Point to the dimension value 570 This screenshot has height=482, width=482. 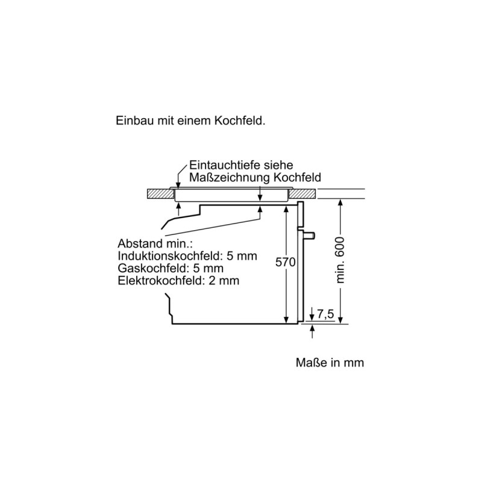click(x=285, y=262)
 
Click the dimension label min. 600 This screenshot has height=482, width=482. click(x=340, y=260)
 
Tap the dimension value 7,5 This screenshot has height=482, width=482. click(x=325, y=314)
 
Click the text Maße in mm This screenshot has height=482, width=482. click(x=330, y=363)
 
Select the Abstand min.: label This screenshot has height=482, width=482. click(x=155, y=243)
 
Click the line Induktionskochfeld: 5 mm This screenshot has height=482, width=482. click(x=187, y=255)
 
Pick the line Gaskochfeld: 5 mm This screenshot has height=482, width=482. click(x=171, y=268)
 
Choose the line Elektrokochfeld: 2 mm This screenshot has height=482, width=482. click(x=178, y=281)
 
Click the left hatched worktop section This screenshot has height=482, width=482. click(x=160, y=193)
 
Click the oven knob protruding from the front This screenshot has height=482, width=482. click(x=309, y=236)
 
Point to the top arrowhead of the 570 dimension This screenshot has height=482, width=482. click(x=286, y=208)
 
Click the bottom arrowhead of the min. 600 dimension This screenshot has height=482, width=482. click(x=340, y=320)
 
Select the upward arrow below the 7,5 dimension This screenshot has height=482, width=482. click(x=313, y=331)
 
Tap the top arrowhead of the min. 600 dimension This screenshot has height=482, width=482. click(x=340, y=202)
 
